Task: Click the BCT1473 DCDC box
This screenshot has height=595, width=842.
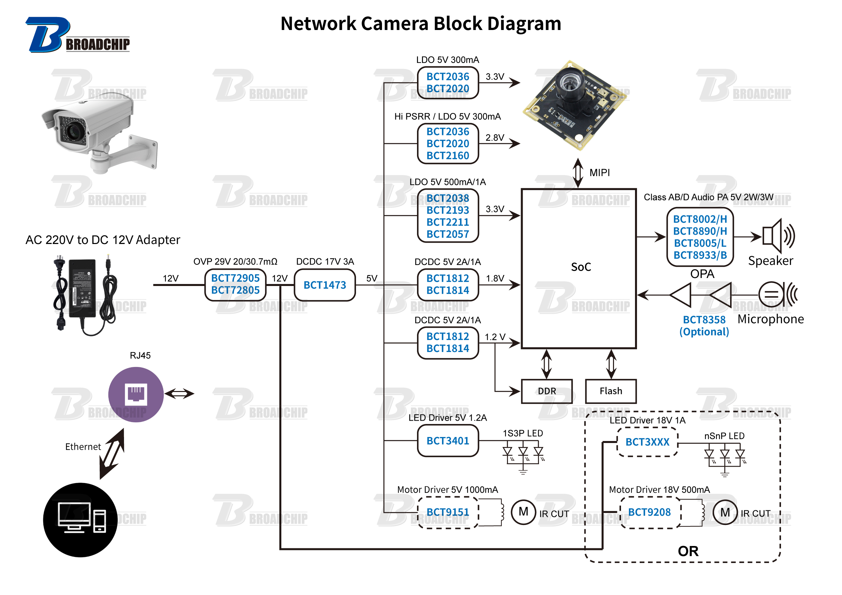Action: (x=325, y=285)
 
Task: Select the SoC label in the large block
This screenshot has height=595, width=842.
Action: (x=581, y=267)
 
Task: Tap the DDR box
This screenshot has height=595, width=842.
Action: (x=547, y=391)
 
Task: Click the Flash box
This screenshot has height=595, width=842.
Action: (x=611, y=391)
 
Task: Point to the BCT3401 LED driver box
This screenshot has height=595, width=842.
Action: (x=448, y=441)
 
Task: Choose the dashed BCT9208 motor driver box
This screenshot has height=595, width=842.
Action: (x=649, y=512)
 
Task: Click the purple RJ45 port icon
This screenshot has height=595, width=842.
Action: (x=136, y=394)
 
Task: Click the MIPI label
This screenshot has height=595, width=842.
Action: (x=600, y=173)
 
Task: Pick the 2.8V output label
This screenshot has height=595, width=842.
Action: (x=495, y=138)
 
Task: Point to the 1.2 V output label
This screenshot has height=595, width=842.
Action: (x=495, y=337)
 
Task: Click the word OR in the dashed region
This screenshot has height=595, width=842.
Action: (x=688, y=551)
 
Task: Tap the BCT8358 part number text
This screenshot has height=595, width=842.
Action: (x=704, y=320)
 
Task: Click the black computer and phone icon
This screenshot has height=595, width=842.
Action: (x=80, y=520)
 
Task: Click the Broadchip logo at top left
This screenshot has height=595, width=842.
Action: (x=77, y=35)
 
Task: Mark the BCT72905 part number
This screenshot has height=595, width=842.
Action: (x=235, y=278)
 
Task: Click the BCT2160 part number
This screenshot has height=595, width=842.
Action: (x=448, y=156)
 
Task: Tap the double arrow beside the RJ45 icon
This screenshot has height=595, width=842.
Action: (x=179, y=394)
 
